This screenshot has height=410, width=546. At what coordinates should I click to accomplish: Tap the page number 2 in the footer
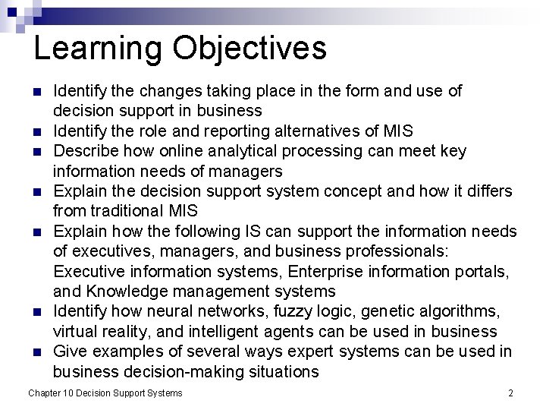coord(510,393)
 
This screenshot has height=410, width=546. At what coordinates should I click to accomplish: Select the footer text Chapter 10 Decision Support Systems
coord(105,393)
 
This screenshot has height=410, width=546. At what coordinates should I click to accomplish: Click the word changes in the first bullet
coord(145,91)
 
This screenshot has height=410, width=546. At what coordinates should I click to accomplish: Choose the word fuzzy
coord(280,312)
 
